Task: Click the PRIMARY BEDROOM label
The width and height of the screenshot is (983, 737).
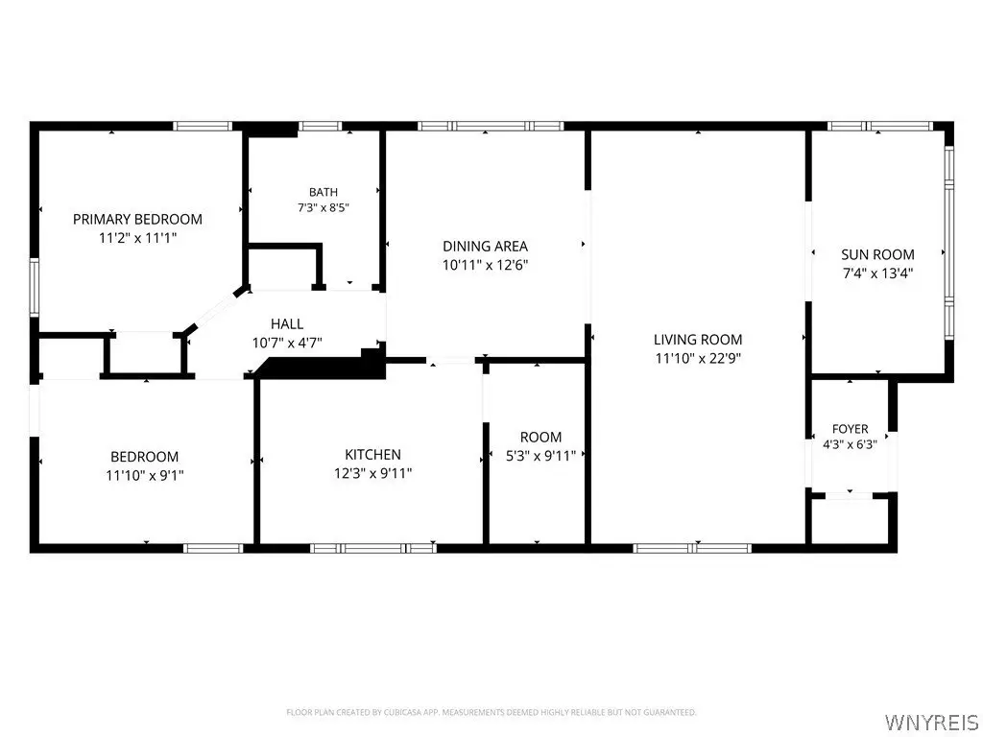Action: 137,220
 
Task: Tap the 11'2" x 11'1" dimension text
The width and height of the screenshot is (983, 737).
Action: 137,238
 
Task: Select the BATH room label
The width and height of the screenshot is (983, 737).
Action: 323,192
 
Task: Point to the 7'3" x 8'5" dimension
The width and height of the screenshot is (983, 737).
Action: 323,207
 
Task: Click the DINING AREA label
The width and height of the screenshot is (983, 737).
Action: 485,247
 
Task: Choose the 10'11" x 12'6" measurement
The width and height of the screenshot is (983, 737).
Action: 485,265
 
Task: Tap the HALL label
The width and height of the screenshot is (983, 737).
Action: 287,324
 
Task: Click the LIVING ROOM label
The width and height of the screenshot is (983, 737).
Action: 698,340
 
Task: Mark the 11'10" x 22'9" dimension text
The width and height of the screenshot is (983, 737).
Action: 698,359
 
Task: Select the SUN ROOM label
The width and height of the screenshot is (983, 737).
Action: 877,254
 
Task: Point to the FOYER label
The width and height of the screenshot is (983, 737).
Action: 851,429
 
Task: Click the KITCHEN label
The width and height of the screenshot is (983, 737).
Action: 372,454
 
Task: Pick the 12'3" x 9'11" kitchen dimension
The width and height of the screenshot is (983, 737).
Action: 372,473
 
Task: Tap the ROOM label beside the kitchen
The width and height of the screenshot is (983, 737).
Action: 540,437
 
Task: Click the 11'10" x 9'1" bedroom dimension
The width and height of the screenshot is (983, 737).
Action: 144,476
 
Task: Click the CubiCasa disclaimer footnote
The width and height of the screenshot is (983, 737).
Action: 491,713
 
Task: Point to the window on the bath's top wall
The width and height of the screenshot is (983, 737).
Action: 320,126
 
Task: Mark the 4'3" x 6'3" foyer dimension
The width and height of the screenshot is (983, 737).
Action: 851,445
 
